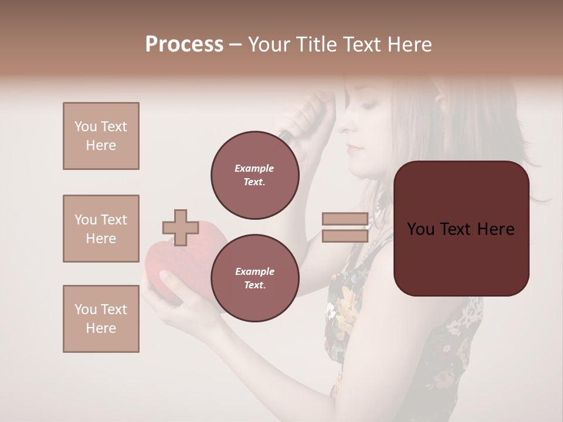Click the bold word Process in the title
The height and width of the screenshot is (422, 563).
[184, 45]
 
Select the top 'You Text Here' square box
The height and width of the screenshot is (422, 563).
[101, 136]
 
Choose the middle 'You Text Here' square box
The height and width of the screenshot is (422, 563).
[101, 229]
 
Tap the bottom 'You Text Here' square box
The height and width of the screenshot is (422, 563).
[101, 319]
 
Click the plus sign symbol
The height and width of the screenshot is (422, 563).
[180, 227]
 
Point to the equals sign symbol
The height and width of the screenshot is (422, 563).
[345, 227]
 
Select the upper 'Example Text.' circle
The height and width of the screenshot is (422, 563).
[255, 175]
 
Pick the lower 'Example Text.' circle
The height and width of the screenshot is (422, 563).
[255, 278]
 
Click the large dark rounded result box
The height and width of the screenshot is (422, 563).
[461, 229]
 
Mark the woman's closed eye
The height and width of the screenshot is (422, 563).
[369, 106]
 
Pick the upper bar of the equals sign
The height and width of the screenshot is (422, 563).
[345, 219]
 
